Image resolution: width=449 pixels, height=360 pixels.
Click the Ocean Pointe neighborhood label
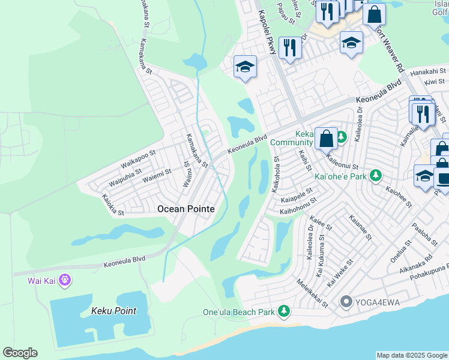pyautogui.click(x=185, y=209)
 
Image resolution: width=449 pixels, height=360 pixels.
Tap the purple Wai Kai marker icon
pyautogui.click(x=66, y=280)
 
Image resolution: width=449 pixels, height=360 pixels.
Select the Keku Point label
pyautogui.click(x=113, y=311)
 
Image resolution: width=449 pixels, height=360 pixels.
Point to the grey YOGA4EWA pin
pyautogui.click(x=346, y=301)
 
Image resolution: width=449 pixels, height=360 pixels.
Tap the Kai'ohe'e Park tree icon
pyautogui.click(x=376, y=176)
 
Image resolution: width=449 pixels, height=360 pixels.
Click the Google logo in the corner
pyautogui.click(x=20, y=353)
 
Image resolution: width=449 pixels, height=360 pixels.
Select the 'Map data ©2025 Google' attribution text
pyautogui.click(x=412, y=355)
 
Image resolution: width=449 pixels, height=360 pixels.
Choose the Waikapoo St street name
pyautogui.click(x=138, y=161)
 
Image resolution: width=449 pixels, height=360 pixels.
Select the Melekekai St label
pyautogui.click(x=312, y=293)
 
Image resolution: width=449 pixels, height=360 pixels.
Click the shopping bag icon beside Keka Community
pyautogui.click(x=326, y=139)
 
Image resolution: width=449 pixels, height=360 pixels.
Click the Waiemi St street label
pyautogui.click(x=157, y=176)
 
